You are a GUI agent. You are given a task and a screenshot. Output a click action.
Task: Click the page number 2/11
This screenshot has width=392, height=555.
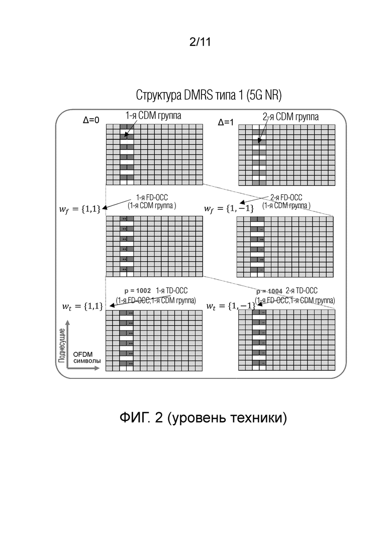pyautogui.click(x=200, y=43)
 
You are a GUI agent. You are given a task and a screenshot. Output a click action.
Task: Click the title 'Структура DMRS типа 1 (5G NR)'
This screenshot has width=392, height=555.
pyautogui.click(x=209, y=95)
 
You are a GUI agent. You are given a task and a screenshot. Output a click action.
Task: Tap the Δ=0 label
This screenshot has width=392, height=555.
pyautogui.click(x=91, y=120)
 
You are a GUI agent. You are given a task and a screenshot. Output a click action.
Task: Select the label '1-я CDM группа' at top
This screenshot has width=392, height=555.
pyautogui.click(x=150, y=115)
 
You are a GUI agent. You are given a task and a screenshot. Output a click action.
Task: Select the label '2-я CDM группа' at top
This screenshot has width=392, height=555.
pyautogui.click(x=291, y=117)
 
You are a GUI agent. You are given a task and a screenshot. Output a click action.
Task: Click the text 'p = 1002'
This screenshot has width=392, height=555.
pyautogui.click(x=138, y=291)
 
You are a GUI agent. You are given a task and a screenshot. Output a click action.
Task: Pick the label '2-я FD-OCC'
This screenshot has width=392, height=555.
pyautogui.click(x=286, y=198)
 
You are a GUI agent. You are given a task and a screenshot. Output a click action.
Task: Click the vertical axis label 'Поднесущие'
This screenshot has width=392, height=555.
pyautogui.click(x=62, y=347)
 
